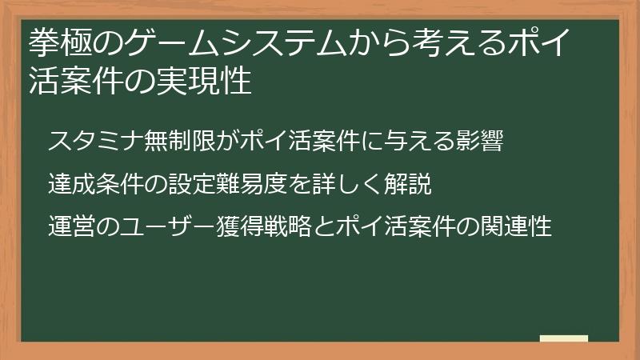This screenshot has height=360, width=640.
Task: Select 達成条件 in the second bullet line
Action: point(95,184)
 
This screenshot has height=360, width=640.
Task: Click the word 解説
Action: point(408,184)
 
